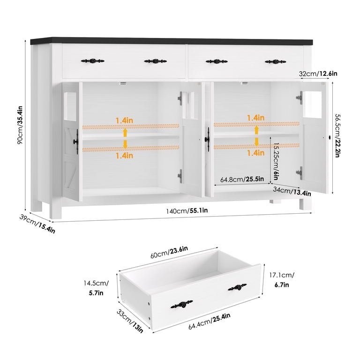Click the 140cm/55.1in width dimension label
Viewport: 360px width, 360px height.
[187, 210]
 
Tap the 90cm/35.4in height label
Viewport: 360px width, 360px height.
[20, 125]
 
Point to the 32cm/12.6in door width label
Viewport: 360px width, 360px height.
[318, 74]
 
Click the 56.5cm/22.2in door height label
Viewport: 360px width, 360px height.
[337, 135]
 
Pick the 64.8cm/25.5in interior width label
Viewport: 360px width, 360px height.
[242, 179]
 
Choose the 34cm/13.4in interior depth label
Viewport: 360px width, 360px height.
[292, 191]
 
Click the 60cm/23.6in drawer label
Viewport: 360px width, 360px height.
[169, 252]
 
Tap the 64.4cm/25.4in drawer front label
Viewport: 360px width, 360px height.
[209, 321]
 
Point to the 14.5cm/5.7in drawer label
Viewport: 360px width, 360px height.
[96, 288]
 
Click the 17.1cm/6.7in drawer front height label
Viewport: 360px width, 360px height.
[282, 280]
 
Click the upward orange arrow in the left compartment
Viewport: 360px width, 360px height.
[125, 132]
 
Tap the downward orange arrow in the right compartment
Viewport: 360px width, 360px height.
[257, 142]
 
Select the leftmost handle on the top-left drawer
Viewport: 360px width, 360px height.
[92, 61]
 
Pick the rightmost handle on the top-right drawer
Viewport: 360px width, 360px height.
[275, 61]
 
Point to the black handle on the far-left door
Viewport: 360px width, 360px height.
[76, 142]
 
